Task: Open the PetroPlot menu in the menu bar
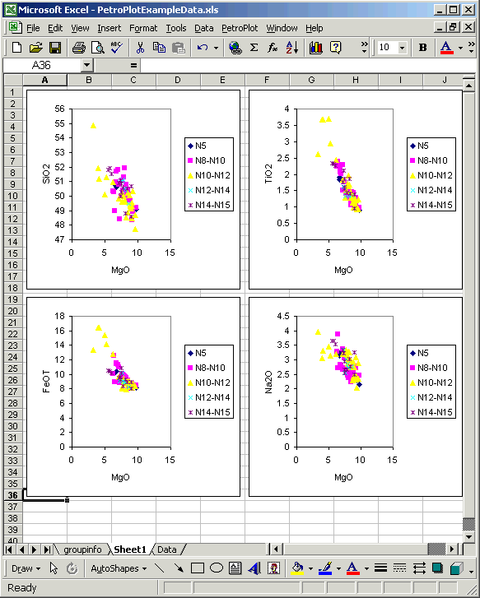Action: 240,28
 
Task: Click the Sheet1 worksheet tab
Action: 130,549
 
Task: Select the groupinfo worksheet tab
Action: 82,549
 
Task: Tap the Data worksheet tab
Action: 167,549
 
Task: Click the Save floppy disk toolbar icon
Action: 55,48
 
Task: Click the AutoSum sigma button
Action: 254,47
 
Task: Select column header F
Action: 267,80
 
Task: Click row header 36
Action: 12,495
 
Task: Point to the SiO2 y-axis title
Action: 46,174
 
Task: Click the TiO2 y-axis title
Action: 268,174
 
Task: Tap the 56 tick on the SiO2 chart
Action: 59,109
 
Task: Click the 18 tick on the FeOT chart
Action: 59,316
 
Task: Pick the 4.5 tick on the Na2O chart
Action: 283,316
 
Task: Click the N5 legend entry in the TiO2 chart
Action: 419,146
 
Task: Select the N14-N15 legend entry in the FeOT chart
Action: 209,412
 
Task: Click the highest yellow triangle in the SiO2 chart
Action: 93,126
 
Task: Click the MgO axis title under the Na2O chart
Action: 343,477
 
